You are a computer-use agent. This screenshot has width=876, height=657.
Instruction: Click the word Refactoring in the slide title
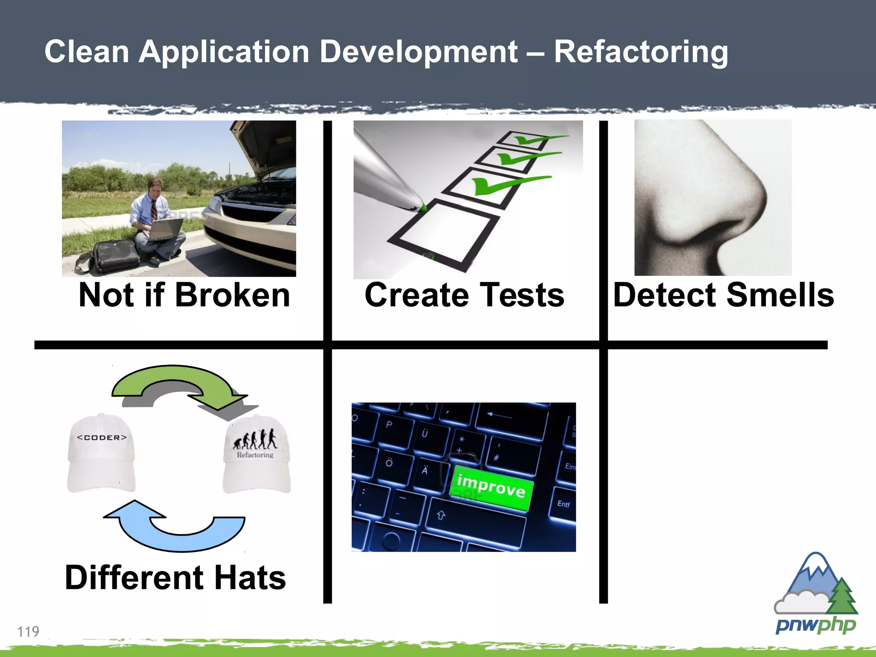640,52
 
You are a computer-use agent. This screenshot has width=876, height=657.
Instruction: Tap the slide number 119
28,631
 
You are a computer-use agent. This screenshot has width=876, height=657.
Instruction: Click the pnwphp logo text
815,625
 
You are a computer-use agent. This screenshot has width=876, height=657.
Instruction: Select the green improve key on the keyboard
491,487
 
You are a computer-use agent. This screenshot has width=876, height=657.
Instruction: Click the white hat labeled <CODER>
101,453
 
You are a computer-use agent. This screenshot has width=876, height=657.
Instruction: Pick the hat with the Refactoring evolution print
257,456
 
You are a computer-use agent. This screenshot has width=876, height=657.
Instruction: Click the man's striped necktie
154,209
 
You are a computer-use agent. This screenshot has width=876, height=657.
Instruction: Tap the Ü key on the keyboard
425,433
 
